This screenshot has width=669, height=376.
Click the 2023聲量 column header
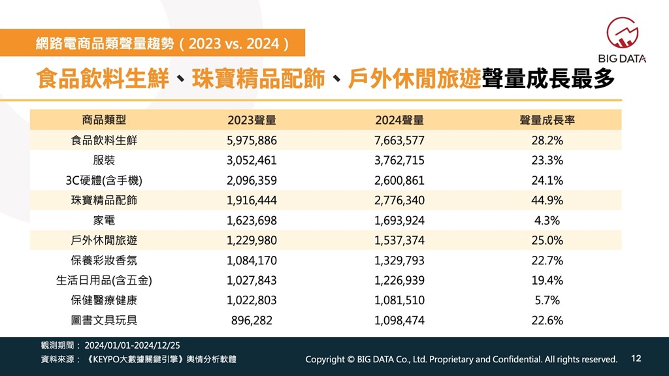252,120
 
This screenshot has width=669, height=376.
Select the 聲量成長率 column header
547,120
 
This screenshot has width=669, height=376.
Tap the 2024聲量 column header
400,120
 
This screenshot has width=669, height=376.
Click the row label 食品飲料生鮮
105,140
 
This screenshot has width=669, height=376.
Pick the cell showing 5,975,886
252,140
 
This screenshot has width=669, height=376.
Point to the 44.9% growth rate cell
547,200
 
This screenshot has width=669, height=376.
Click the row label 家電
105,221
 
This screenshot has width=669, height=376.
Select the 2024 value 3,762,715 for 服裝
400,161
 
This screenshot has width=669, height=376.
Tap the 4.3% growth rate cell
547,221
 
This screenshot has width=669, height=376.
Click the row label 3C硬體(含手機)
105,180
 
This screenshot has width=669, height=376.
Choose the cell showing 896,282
252,321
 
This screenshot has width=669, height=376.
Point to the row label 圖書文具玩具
105,321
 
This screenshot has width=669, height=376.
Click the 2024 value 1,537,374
400,240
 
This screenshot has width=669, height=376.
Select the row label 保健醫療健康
105,300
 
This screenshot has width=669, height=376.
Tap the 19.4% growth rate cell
547,281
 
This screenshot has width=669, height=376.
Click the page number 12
637,358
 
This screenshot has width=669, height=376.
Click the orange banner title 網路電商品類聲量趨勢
163,44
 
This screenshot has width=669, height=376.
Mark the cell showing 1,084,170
252,260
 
